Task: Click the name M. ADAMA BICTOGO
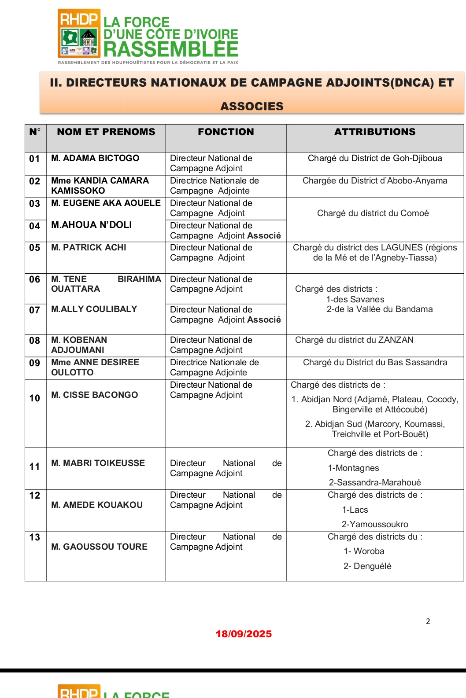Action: coord(95,158)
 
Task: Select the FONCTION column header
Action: coord(226,132)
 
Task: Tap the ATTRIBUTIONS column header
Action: coord(375,132)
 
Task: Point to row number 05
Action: coord(35,248)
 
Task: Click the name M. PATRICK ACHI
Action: coord(89,248)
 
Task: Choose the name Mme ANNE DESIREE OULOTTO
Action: coord(95,367)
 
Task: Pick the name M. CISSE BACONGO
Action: coord(95,395)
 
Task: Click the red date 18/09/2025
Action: coord(244,634)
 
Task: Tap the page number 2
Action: coord(428,621)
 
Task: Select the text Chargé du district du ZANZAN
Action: coord(355,340)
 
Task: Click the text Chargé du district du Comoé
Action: coord(373,213)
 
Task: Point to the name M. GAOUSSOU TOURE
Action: coord(100,547)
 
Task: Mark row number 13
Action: coord(35,537)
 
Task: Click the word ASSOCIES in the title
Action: coord(252,107)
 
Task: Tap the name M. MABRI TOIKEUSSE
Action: coord(98,463)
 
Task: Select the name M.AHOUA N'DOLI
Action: coord(92,225)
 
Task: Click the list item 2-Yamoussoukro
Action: coord(375,525)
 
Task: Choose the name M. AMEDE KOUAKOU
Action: coord(97,505)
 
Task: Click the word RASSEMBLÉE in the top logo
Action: coord(171,49)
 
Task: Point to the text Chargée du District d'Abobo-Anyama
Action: coord(375,181)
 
